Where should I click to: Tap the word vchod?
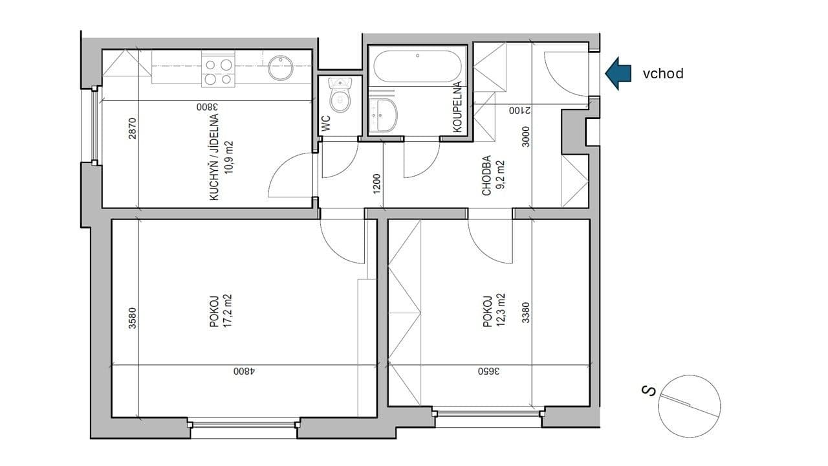[662, 74]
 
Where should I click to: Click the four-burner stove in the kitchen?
[218, 72]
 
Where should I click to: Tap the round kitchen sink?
[280, 67]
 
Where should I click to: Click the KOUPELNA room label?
[457, 107]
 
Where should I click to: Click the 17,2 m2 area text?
[227, 311]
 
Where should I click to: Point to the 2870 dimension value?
[132, 129]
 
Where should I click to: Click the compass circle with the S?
[688, 405]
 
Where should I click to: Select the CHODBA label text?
[486, 175]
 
